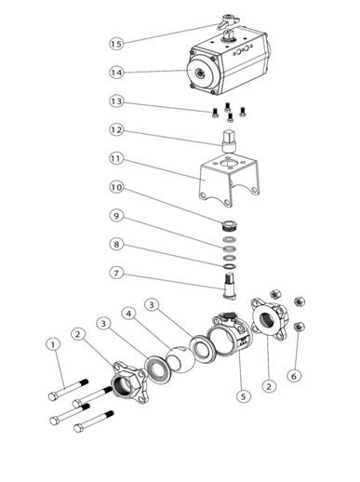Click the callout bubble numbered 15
pos(116,44)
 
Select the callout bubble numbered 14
pos(116,73)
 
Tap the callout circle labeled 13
pos(116,101)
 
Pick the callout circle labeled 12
pos(116,130)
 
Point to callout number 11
pos(116,159)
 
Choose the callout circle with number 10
pos(116,187)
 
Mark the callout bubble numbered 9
pos(116,216)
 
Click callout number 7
pos(116,274)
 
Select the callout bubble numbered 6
pos(294,376)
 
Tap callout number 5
pos(244,396)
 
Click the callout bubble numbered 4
pos(128,314)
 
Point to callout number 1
pos(53,344)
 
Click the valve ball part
pos(180,359)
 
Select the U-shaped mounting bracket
pos(229,181)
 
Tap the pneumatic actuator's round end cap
pos(201,72)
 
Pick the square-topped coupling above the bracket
pos(230,141)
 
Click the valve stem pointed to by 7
pos(230,286)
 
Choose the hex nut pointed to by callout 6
pos(300,327)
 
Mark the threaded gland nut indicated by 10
pos(230,224)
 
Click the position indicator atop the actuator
pos(229,22)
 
